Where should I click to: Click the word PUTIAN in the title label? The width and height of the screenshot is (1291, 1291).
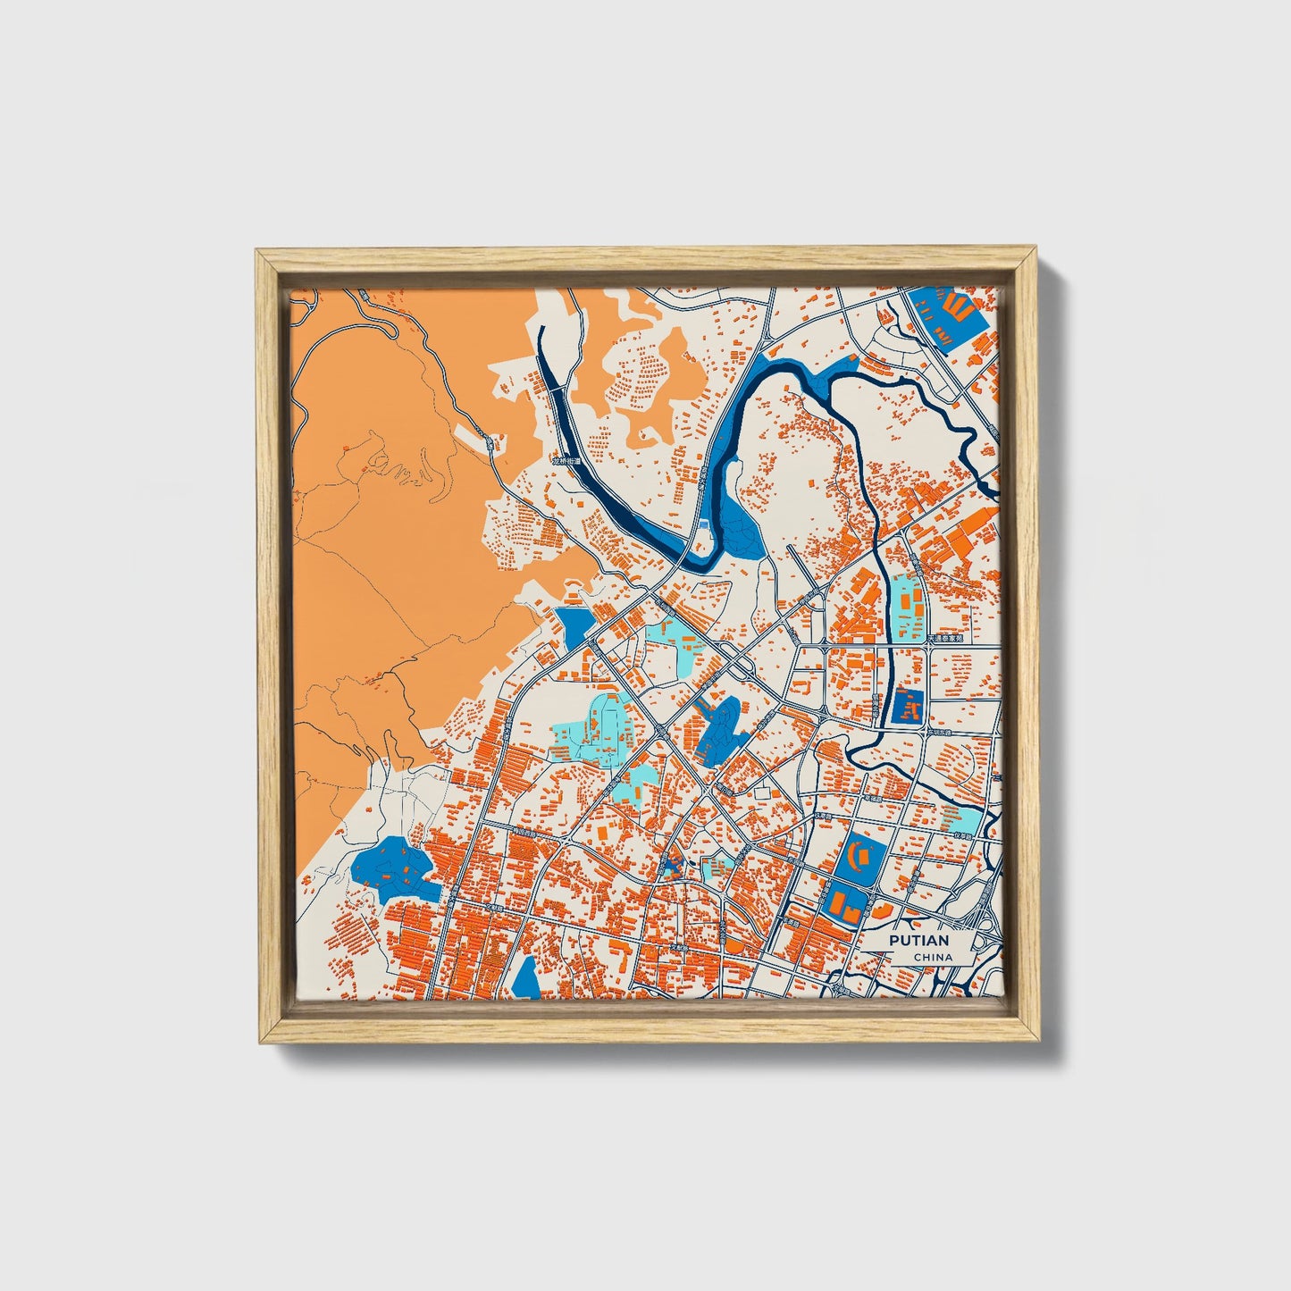click(x=918, y=940)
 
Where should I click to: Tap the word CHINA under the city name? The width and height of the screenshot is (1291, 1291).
click(x=932, y=957)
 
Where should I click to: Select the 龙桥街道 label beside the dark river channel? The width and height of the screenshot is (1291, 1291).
click(x=566, y=462)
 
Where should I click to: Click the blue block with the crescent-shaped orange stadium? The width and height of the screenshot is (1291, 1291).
click(x=860, y=859)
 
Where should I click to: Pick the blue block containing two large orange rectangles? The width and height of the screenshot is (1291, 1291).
click(x=844, y=904)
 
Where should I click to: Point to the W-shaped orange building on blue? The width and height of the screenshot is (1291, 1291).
click(x=956, y=308)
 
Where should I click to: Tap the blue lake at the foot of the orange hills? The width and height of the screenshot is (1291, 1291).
click(x=393, y=868)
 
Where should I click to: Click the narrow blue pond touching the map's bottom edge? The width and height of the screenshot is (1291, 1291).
click(x=527, y=978)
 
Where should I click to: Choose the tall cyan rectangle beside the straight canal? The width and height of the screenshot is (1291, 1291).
click(x=908, y=607)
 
